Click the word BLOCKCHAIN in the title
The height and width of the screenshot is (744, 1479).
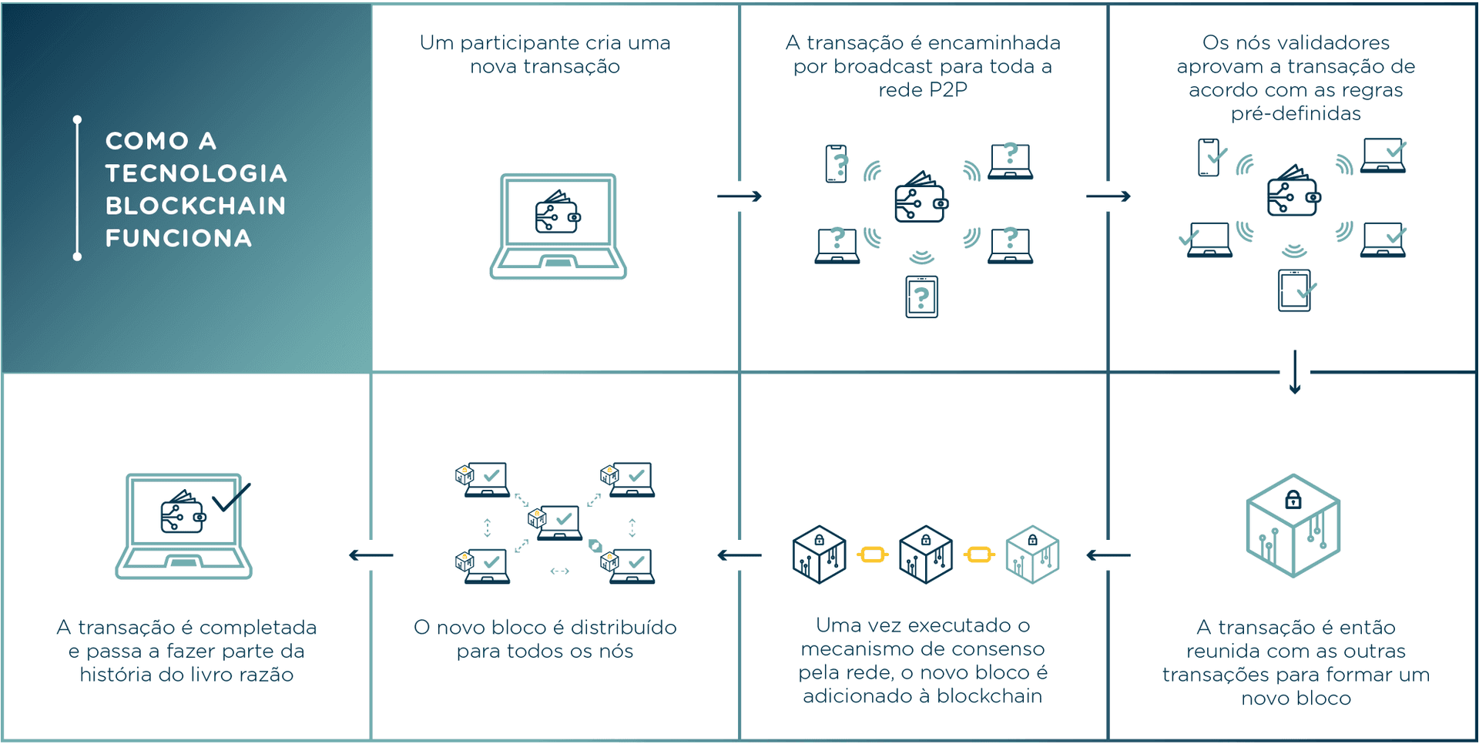click(196, 206)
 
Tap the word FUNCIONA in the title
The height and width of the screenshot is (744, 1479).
click(179, 238)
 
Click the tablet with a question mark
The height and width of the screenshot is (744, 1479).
click(921, 297)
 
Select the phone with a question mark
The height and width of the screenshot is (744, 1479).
click(837, 163)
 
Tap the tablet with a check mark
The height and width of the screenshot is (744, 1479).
click(1295, 290)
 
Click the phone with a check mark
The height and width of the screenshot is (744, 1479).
click(1209, 157)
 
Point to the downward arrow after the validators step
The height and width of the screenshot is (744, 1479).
click(1295, 372)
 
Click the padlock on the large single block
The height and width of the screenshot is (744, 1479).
click(1293, 500)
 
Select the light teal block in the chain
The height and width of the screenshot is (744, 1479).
click(1032, 555)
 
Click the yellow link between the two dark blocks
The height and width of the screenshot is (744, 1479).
click(872, 555)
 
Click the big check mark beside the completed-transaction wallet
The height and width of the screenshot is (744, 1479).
click(231, 498)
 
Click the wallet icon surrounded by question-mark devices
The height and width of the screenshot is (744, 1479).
click(921, 199)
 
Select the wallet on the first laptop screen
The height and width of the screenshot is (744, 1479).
click(557, 213)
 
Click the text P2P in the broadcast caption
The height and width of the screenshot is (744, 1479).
click(947, 90)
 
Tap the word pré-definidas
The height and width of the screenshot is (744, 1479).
click(1296, 114)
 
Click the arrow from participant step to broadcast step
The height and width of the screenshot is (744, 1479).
click(739, 196)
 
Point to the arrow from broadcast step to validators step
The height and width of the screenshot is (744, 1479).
click(1108, 196)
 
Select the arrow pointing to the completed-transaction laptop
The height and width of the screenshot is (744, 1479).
click(371, 555)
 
